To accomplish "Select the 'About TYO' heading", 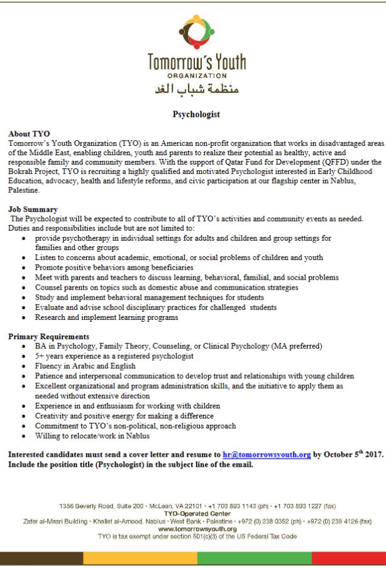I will pyautogui.click(x=28, y=134).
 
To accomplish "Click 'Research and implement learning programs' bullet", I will pyautogui.click(x=107, y=317).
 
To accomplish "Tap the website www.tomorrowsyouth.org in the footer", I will pyautogui.click(x=193, y=529).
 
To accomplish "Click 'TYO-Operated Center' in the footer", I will pyautogui.click(x=193, y=514).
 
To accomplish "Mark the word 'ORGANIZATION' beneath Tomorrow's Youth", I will pyautogui.click(x=193, y=75).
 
